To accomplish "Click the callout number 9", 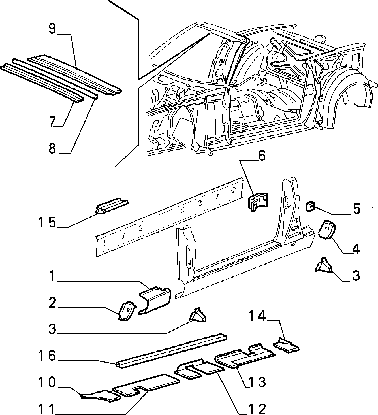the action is tap(52, 29).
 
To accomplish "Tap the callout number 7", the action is tap(52, 122).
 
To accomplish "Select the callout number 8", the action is tap(52, 148).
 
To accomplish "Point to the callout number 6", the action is tap(262, 156).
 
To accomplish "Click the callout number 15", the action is tap(48, 222).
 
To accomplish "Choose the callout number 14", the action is tap(257, 316).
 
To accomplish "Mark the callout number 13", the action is tap(257, 382).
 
